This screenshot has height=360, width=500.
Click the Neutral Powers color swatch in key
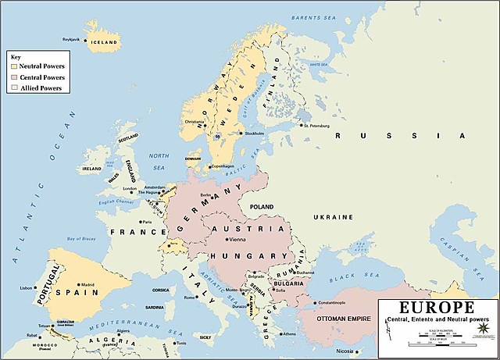[12, 67]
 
